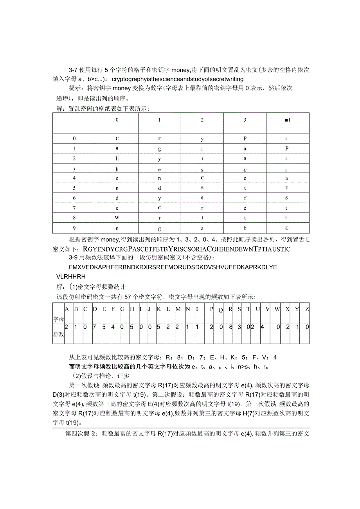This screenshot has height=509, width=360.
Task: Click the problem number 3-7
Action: (74, 70)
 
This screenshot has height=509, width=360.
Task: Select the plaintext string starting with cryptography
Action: (178, 79)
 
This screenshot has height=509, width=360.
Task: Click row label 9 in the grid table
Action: (74, 228)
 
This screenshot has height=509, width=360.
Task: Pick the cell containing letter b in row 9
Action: (245, 228)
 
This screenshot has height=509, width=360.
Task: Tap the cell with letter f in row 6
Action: (245, 198)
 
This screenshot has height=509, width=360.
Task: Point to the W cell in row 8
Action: (117, 218)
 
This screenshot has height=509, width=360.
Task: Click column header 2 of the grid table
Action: (202, 120)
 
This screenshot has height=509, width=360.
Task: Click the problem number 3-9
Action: (74, 258)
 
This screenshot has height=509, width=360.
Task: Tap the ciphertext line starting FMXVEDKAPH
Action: (173, 267)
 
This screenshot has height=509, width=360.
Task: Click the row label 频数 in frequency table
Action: (58, 335)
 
